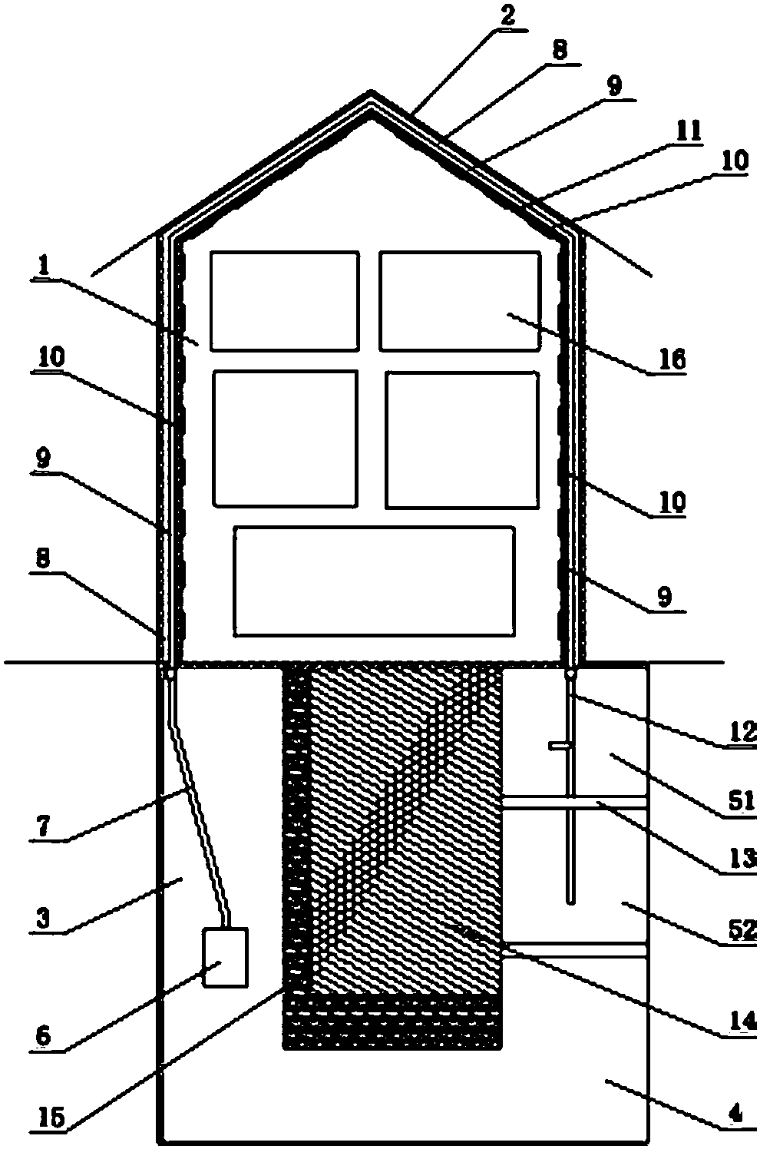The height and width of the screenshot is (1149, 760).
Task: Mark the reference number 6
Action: click(43, 1035)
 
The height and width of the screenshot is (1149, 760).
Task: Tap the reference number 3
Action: click(45, 919)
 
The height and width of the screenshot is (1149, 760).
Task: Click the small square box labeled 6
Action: click(224, 957)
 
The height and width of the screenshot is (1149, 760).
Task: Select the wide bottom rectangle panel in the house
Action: click(374, 581)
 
